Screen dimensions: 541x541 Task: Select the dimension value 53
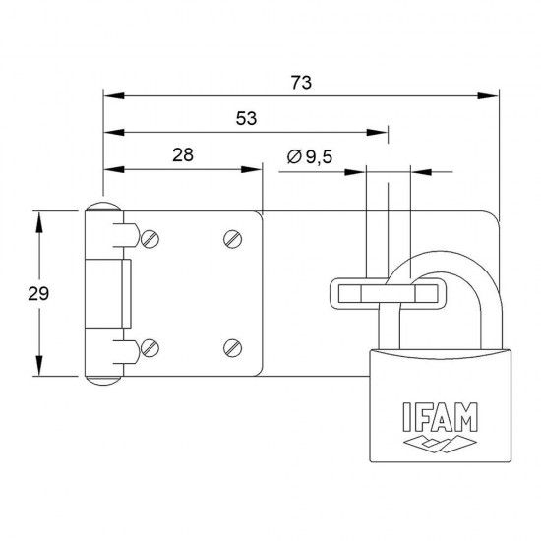click(x=246, y=118)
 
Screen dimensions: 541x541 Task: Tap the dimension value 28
click(x=182, y=154)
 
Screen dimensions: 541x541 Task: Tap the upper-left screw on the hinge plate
click(x=150, y=238)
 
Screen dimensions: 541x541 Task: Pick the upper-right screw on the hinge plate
click(x=231, y=237)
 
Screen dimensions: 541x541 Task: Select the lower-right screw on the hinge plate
click(x=231, y=345)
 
